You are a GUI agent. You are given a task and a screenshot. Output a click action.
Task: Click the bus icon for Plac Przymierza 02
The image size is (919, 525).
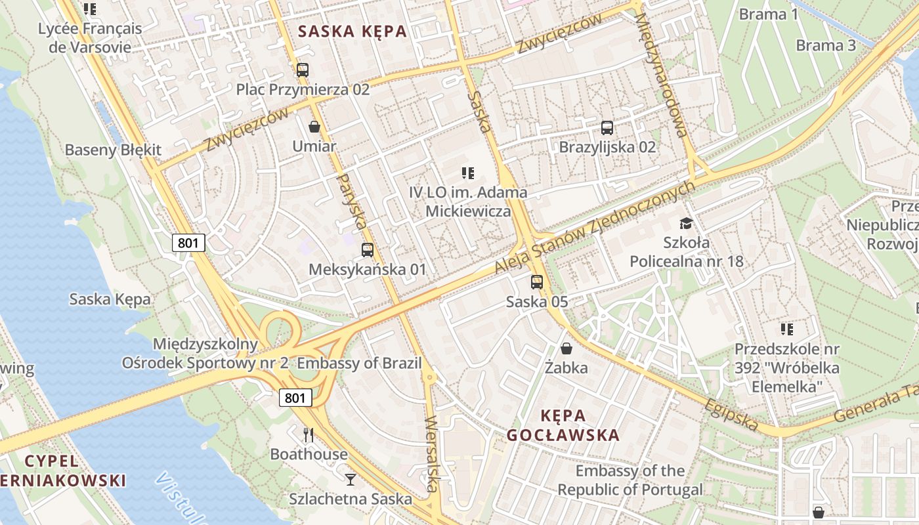pyautogui.click(x=302, y=70)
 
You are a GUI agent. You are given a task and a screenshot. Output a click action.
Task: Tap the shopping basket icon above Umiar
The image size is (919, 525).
pyautogui.click(x=314, y=126)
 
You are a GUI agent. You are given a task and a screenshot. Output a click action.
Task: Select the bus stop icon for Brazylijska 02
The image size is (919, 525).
pyautogui.click(x=607, y=127)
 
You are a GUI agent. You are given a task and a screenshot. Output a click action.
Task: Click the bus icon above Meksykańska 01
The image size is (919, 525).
pyautogui.click(x=368, y=249)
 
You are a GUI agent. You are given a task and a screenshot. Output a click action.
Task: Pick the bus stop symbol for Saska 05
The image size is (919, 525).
pyautogui.click(x=537, y=282)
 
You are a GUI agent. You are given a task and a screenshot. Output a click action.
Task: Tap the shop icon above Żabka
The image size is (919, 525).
pyautogui.click(x=566, y=348)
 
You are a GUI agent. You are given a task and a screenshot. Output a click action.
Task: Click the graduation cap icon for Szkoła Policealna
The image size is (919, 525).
pyautogui.click(x=686, y=223)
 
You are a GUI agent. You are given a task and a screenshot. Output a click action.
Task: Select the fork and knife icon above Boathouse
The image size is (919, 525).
pyautogui.click(x=309, y=434)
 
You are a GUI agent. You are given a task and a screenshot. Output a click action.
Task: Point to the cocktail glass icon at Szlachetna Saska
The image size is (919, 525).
pyautogui.click(x=351, y=479)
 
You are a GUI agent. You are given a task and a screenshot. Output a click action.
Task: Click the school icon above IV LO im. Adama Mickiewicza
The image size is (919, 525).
pyautogui.click(x=467, y=173)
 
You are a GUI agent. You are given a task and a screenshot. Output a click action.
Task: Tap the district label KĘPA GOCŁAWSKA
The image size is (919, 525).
pyautogui.click(x=563, y=425)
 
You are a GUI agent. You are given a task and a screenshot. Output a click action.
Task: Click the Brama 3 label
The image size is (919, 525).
pyautogui.click(x=826, y=45)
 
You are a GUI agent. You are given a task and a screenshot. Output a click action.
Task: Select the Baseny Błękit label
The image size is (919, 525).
pyautogui.click(x=113, y=150)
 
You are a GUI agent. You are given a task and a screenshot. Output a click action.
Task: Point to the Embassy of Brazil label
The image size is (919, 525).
pyautogui.click(x=359, y=364)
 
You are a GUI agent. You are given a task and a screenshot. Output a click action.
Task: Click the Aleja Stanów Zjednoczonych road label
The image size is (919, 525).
pyautogui.click(x=595, y=227)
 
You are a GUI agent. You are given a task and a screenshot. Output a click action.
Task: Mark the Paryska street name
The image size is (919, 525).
pyautogui.click(x=351, y=201)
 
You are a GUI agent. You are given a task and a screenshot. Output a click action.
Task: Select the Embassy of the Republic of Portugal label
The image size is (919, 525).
pyautogui.click(x=630, y=480)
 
